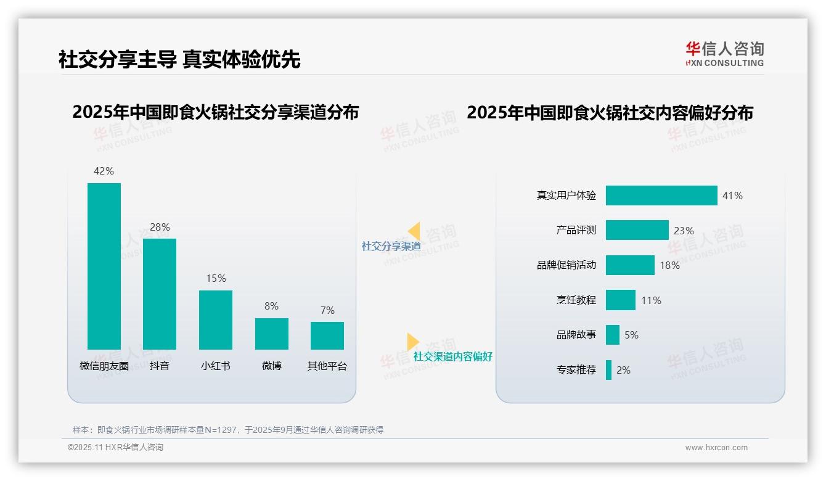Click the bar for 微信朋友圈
click(104, 266)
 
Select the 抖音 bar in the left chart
click(160, 294)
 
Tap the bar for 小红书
click(216, 320)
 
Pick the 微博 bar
click(271, 334)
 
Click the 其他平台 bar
click(327, 335)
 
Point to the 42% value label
click(104, 171)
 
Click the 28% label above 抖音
click(160, 227)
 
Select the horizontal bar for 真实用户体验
click(661, 195)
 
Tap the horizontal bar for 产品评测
click(637, 230)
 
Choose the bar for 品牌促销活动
click(630, 265)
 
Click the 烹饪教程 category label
click(576, 300)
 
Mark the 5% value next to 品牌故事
click(631, 335)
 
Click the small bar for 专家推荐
click(608, 370)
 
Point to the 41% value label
click(732, 195)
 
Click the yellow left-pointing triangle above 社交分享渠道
click(414, 231)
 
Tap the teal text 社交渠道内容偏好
click(452, 356)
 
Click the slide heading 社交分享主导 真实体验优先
click(179, 59)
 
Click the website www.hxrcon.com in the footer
click(716, 448)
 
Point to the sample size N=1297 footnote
click(228, 430)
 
